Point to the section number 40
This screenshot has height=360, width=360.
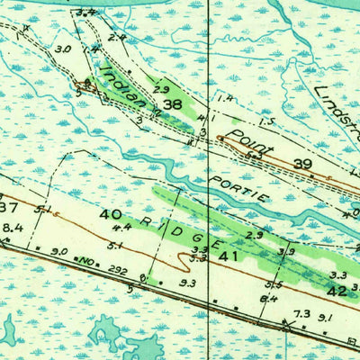(x=111, y=214)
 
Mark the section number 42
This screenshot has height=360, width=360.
(x=337, y=291)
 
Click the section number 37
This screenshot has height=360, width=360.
(x=8, y=208)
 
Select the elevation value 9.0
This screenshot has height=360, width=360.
(x=60, y=251)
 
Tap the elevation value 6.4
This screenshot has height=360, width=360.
(x=269, y=299)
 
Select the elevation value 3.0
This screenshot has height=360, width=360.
(x=62, y=49)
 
